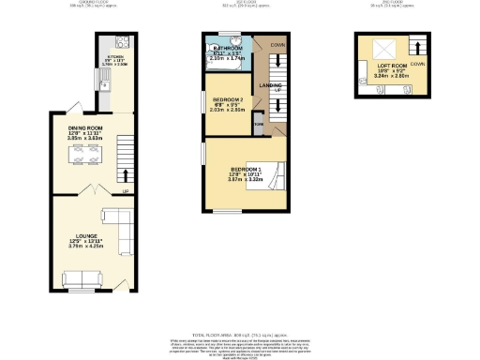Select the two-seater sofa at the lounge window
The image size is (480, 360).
pyautogui.click(x=79, y=277)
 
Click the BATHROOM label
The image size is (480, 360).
pyautogui.click(x=228, y=48)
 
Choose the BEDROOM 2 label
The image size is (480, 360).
pyautogui.click(x=228, y=99)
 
